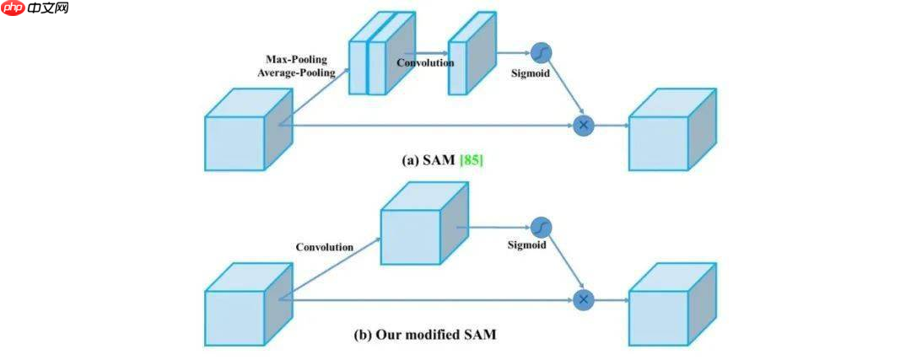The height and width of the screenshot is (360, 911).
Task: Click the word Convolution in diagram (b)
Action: click(325, 247)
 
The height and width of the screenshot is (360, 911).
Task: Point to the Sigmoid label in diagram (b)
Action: click(527, 245)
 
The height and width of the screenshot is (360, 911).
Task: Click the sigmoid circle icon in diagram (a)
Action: click(542, 53)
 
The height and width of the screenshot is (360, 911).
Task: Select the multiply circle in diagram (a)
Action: click(583, 125)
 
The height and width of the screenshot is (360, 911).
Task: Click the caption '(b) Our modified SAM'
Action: click(424, 335)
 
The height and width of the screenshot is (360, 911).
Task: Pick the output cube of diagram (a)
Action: click(666, 136)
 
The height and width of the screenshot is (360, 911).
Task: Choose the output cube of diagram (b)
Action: click(666, 309)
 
